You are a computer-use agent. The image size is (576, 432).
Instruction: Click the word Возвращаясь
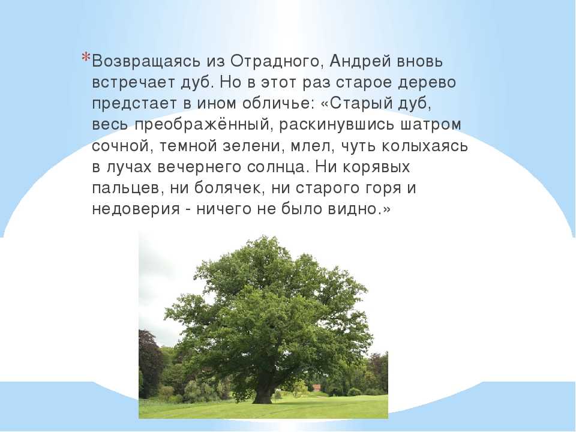click(x=146, y=61)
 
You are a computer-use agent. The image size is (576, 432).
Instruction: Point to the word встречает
click(x=134, y=82)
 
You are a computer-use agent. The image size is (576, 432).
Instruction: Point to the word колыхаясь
click(x=425, y=146)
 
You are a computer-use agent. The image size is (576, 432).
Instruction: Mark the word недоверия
click(x=136, y=210)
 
